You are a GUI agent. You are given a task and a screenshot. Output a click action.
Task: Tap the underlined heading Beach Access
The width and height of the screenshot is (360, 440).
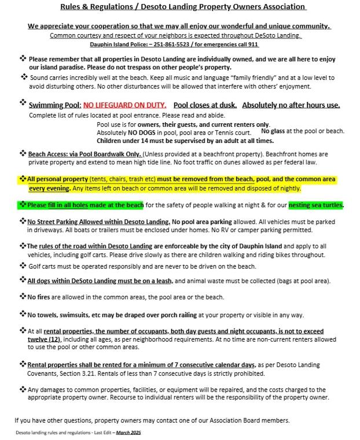click(51, 155)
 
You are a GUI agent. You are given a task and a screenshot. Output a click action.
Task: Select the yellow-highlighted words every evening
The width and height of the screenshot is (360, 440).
click(47, 189)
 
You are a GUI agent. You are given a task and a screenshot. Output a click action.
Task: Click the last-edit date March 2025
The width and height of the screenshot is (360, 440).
click(128, 432)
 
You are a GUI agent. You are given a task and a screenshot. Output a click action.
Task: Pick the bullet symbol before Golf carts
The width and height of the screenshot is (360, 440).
click(23, 266)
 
